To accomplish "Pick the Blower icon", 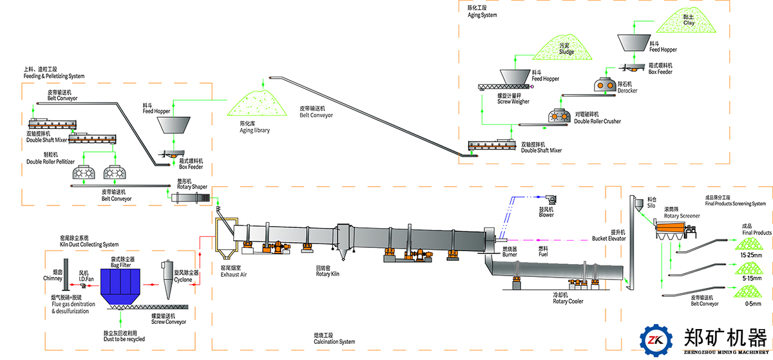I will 551,200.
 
